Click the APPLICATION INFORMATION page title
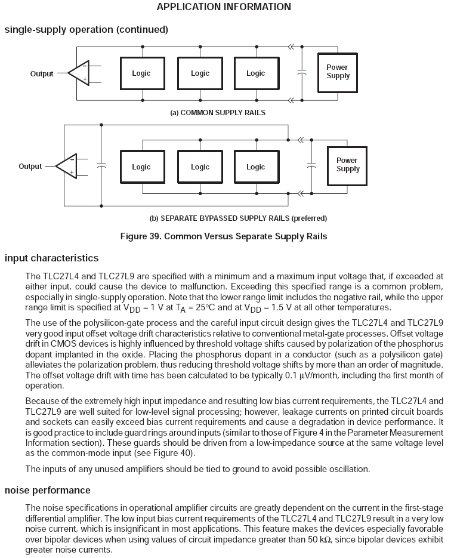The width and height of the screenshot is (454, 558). point(224,7)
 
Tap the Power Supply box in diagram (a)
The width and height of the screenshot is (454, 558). point(338,72)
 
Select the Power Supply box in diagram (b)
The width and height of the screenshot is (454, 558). point(347,165)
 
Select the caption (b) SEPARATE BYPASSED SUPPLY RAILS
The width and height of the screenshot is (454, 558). point(238,218)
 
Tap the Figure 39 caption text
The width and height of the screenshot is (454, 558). point(223,236)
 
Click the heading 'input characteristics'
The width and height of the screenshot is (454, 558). point(51,258)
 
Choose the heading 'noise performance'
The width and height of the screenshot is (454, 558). point(47,490)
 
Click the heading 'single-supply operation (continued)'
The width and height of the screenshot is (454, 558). point(86,29)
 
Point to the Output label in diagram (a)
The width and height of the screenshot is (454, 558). point(42,74)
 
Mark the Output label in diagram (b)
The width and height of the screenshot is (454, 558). point(30,167)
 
